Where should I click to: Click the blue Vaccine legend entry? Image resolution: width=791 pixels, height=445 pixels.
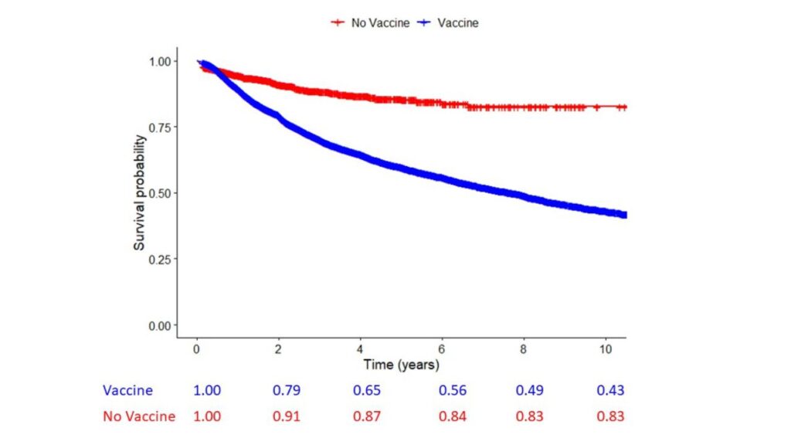pyautogui.click(x=448, y=23)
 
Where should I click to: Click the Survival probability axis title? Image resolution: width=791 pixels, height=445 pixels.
pyautogui.click(x=140, y=193)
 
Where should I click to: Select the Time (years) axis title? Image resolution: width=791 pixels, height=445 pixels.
pyautogui.click(x=401, y=364)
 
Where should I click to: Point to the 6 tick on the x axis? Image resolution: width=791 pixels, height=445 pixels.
pyautogui.click(x=442, y=349)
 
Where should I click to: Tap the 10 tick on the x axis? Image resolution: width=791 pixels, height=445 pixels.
pyautogui.click(x=603, y=349)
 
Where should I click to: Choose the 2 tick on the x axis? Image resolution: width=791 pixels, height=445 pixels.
pyautogui.click(x=278, y=349)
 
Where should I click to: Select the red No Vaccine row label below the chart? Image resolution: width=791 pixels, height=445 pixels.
pyautogui.click(x=139, y=416)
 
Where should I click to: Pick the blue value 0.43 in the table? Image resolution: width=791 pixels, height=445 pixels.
pyautogui.click(x=609, y=391)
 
